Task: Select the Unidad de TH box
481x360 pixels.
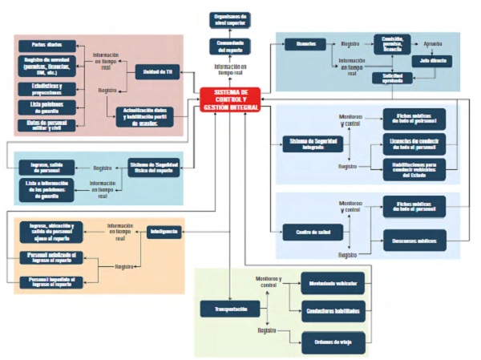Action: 156,72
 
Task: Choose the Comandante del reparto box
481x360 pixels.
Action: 230,45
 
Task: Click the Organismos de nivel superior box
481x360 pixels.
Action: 230,18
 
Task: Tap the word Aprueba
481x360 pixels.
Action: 432,45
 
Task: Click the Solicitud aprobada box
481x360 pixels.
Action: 392,77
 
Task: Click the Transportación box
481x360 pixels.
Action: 229,309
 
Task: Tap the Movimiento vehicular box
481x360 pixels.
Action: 333,283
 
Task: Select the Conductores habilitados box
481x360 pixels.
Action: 333,310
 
